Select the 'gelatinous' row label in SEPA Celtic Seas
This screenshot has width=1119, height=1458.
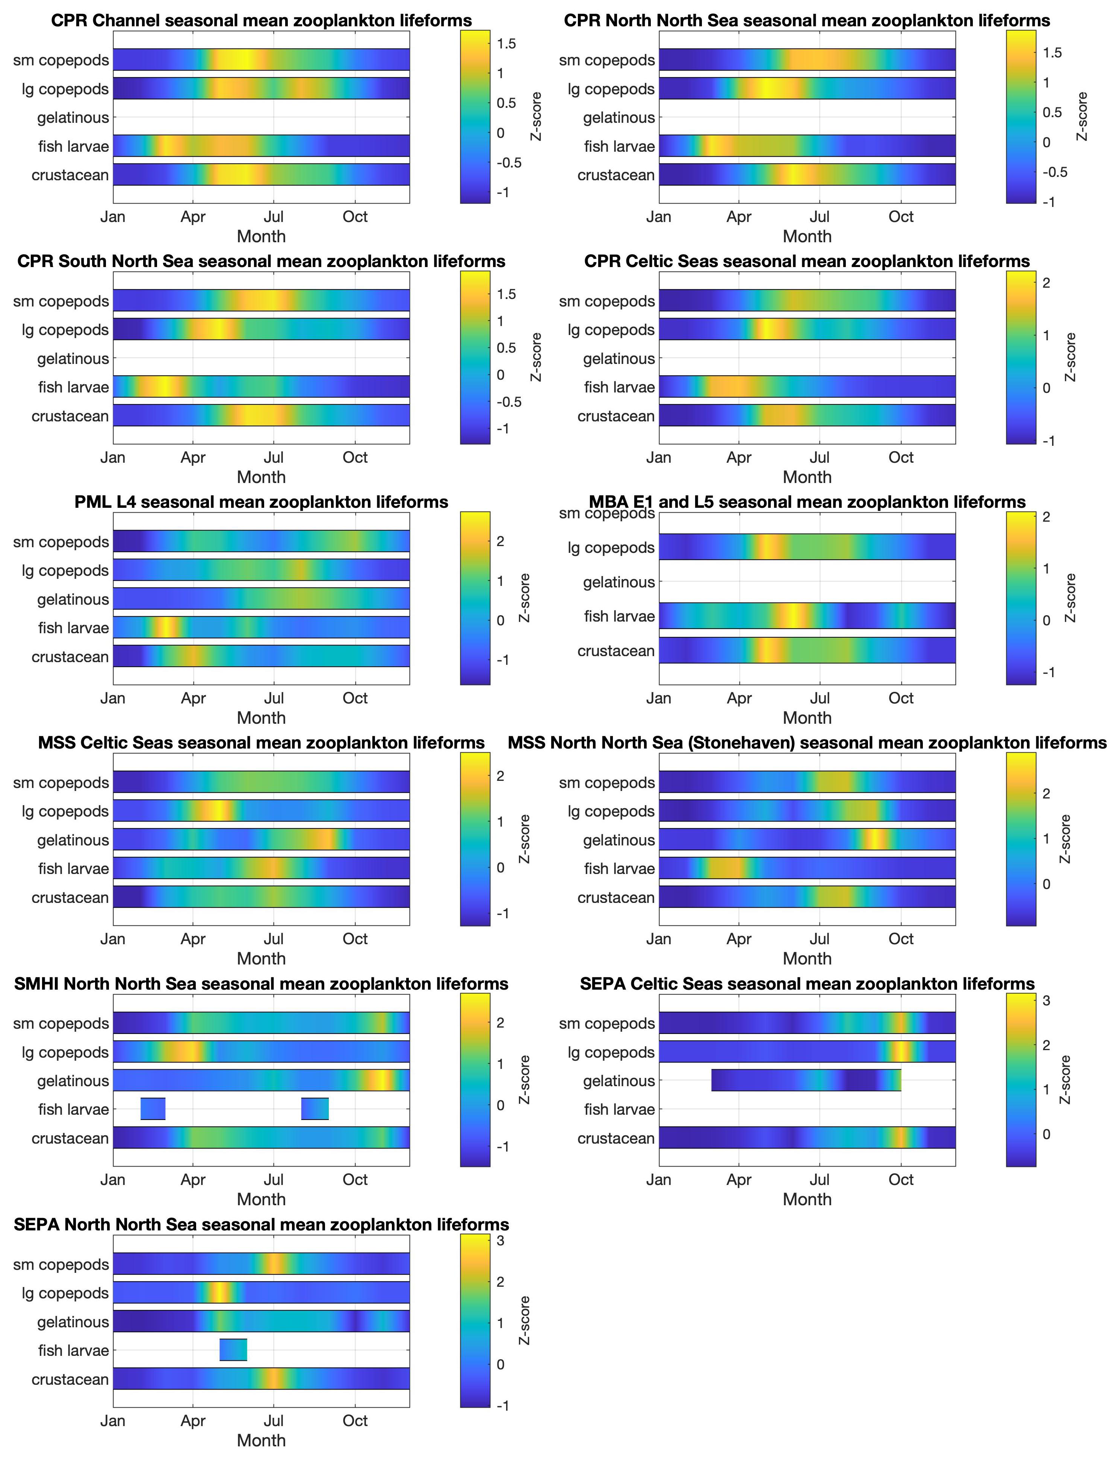(x=619, y=1081)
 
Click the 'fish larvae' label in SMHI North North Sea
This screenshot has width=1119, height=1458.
(x=73, y=1110)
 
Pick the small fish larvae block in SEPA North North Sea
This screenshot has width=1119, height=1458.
(x=233, y=1350)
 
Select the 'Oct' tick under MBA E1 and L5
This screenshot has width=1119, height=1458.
(x=901, y=698)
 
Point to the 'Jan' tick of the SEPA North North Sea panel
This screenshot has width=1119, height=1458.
(x=113, y=1421)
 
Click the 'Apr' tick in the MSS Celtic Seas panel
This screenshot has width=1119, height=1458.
(x=193, y=939)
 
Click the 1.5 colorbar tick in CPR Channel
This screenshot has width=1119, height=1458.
(x=506, y=44)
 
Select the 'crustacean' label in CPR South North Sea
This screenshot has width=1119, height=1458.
(x=70, y=416)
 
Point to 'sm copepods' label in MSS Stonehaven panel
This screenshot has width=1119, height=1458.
(x=607, y=783)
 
